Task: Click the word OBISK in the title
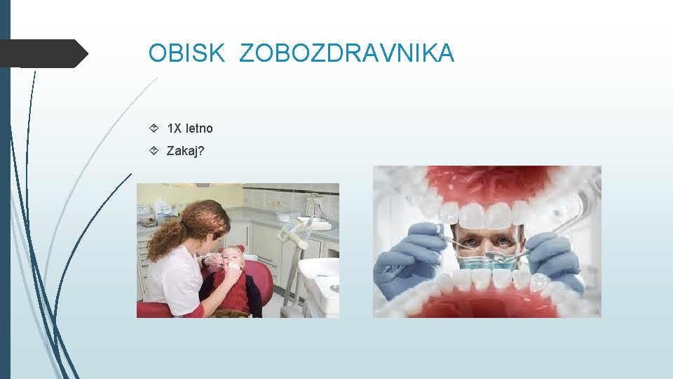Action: [x=186, y=53]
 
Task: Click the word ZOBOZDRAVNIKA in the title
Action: [x=346, y=53]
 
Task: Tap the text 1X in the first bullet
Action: [x=175, y=128]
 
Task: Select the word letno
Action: [x=199, y=128]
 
